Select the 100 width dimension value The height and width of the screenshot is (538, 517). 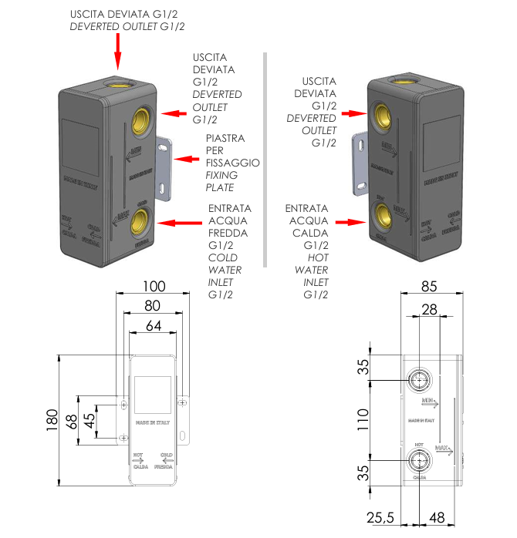[153, 286]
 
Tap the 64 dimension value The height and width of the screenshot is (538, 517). [153, 326]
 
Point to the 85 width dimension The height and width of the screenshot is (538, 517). [429, 286]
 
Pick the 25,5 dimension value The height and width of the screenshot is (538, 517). [379, 518]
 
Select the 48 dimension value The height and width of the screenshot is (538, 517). [438, 518]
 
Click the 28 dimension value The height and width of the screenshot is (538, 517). [429, 310]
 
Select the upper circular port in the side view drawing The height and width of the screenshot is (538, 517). [420, 379]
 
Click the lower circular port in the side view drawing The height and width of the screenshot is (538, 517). [420, 462]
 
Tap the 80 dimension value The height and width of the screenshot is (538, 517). [153, 306]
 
